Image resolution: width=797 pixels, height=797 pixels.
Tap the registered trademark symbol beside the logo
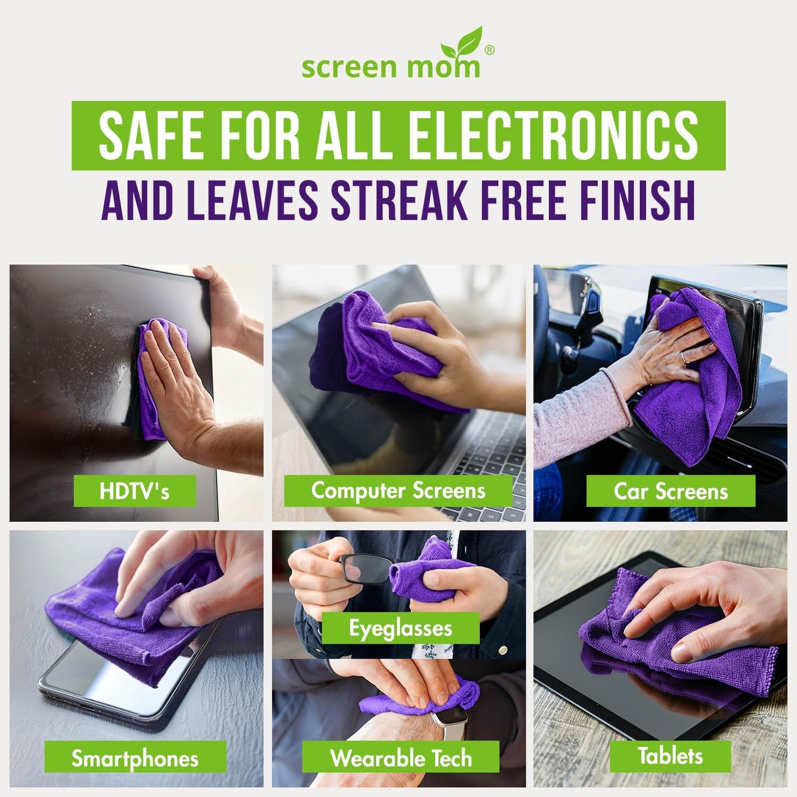[x=489, y=50]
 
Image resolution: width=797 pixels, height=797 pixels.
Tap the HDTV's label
[x=135, y=491]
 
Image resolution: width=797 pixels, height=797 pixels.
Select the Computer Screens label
[x=398, y=491]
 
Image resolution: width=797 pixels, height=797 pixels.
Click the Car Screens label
[x=671, y=491]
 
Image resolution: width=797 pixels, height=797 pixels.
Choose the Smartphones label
[x=135, y=758]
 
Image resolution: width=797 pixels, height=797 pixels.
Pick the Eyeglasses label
[x=400, y=628]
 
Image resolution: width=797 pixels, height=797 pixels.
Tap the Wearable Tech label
[x=401, y=758]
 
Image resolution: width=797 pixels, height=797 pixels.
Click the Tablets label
[x=670, y=756]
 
